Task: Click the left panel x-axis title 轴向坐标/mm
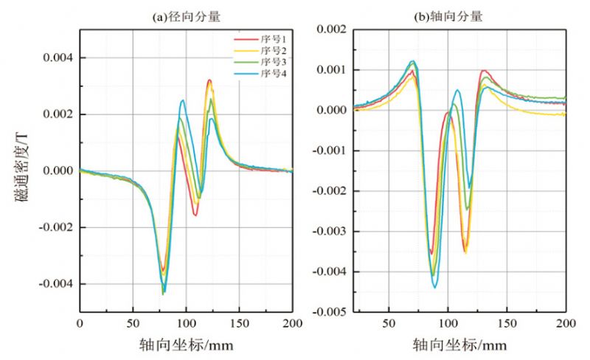(x=187, y=345)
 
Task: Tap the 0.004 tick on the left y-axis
(x=58, y=58)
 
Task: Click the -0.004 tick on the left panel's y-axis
(x=55, y=284)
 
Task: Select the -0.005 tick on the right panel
(x=329, y=312)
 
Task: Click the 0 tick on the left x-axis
(x=80, y=324)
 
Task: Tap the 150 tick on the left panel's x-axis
(x=240, y=324)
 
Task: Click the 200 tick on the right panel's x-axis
(x=566, y=324)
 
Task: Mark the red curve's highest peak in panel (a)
(x=209, y=80)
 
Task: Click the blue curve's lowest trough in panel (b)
(x=435, y=287)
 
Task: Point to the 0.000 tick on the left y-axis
(x=58, y=170)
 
